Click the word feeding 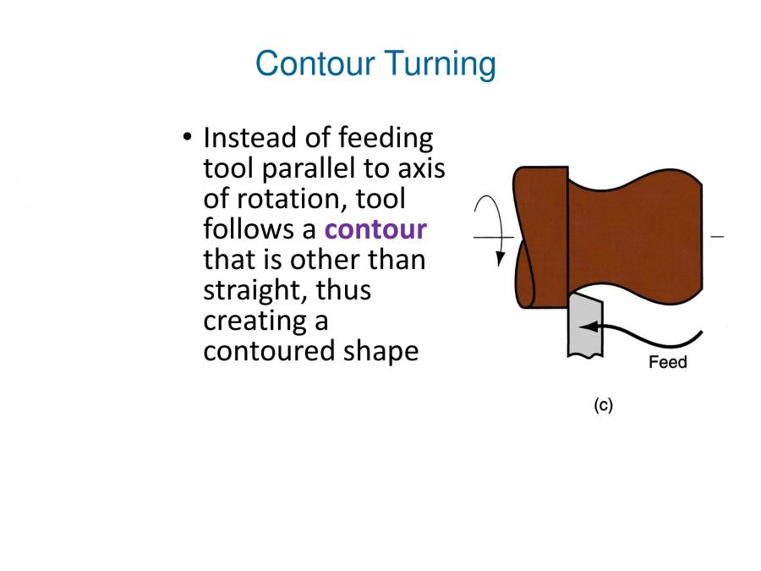point(385,137)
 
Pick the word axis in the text point(421,168)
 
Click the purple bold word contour point(375,229)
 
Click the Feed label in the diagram point(667,363)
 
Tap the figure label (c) point(602,405)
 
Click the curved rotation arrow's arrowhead point(501,257)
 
